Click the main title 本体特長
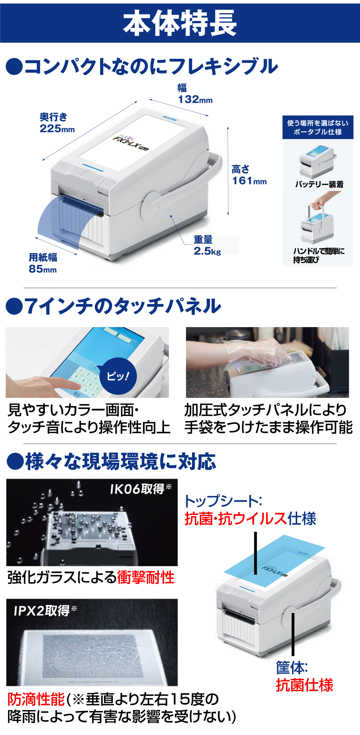[x=180, y=23]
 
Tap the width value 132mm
[x=195, y=99]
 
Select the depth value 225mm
[x=57, y=128]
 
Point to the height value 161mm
[x=249, y=181]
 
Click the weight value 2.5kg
[x=207, y=251]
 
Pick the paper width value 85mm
[x=42, y=269]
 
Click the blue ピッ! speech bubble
[x=118, y=376]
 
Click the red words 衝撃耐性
[x=146, y=577]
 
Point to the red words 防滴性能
[x=36, y=699]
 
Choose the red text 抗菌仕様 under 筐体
[x=304, y=685]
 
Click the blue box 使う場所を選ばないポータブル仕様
[x=318, y=128]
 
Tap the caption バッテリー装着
[x=319, y=184]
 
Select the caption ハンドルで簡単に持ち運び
[x=318, y=255]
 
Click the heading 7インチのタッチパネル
[x=114, y=306]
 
